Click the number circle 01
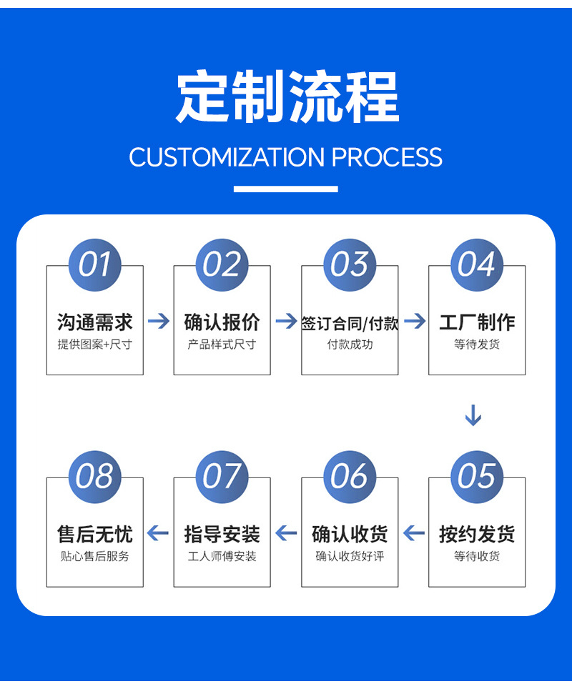coord(94,265)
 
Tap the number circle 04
coord(476,265)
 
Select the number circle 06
coord(349,477)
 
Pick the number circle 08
coord(94,477)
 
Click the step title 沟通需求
coord(94,322)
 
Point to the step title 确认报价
coord(222,322)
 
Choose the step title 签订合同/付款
coord(349,323)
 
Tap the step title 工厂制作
coord(476,322)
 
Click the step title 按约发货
coord(476,534)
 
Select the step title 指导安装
coord(222,534)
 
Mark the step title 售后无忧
coord(94,534)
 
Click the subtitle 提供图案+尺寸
coord(94,344)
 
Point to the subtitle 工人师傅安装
coord(222,556)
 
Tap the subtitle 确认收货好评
coord(349,556)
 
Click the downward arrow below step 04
coord(473,415)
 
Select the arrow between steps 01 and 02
coord(158,322)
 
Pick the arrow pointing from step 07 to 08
coord(158,533)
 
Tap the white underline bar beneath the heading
coord(285,189)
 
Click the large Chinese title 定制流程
coord(286,98)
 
